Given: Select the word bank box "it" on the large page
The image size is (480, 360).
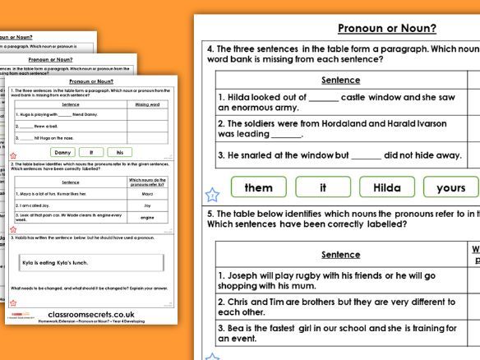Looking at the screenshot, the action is pyautogui.click(x=323, y=187).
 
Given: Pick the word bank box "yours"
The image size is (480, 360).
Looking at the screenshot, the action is pyautogui.click(x=451, y=187).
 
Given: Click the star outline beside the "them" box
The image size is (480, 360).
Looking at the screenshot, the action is pyautogui.click(x=212, y=195).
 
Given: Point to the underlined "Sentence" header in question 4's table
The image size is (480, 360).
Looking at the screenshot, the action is pyautogui.click(x=340, y=80).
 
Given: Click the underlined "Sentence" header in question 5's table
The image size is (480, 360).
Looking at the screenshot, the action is pyautogui.click(x=340, y=255).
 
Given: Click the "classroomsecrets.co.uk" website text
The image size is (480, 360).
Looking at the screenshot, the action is pyautogui.click(x=90, y=314).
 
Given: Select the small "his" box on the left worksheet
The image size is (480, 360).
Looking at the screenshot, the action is pyautogui.click(x=120, y=152).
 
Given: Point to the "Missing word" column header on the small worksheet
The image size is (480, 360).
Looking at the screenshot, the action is pyautogui.click(x=147, y=105).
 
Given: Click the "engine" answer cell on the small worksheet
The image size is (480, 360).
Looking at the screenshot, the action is pyautogui.click(x=147, y=218).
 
